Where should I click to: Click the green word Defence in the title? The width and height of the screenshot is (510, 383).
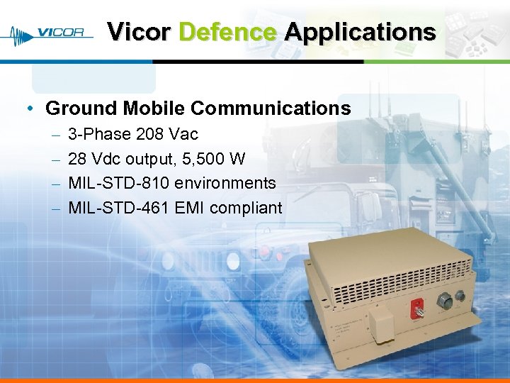click(x=227, y=32)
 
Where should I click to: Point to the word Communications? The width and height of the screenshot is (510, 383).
click(x=271, y=109)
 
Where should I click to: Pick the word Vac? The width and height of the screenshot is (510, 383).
click(x=185, y=134)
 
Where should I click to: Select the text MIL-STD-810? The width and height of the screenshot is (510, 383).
click(x=119, y=183)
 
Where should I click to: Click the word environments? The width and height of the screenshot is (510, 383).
click(x=225, y=183)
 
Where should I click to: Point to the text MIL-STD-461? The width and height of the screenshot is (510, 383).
click(x=119, y=208)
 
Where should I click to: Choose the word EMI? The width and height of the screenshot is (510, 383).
click(x=191, y=208)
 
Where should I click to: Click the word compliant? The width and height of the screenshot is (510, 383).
click(x=248, y=208)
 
